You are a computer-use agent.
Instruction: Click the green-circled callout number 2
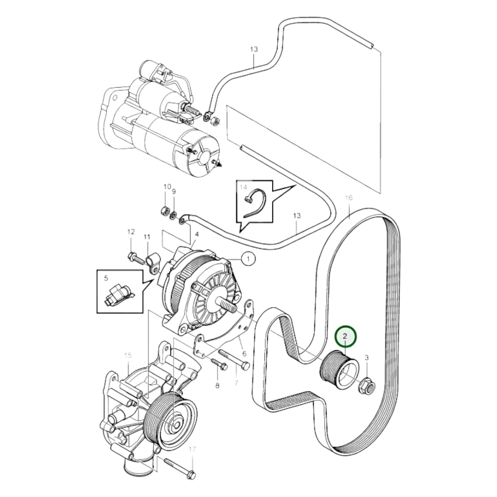(346, 336)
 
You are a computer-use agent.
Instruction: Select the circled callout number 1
(249, 258)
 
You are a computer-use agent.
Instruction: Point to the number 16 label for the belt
(349, 198)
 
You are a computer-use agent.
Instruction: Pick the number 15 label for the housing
(128, 356)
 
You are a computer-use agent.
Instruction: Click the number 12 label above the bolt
(131, 232)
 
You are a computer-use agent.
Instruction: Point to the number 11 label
(147, 237)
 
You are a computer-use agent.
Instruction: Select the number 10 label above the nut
(167, 187)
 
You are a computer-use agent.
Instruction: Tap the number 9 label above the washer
(174, 191)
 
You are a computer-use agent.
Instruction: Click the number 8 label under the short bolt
(217, 386)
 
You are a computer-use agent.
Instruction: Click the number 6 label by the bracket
(245, 353)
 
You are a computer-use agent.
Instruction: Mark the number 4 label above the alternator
(197, 234)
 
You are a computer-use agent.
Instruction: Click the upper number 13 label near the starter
(253, 49)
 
